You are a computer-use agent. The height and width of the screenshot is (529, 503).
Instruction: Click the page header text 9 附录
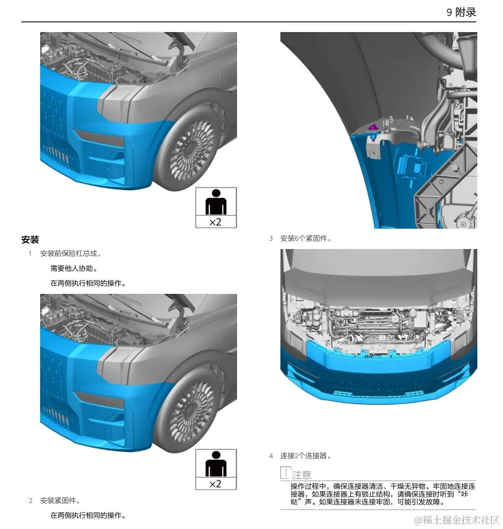pyautogui.click(x=461, y=12)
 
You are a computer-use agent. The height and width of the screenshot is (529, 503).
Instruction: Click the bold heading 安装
pyautogui.click(x=30, y=240)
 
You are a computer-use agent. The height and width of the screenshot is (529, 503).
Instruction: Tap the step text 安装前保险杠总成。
pyautogui.click(x=71, y=253)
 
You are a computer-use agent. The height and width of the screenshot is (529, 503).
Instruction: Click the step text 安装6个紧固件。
pyautogui.click(x=306, y=238)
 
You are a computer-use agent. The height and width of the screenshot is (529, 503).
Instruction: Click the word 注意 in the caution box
pyautogui.click(x=301, y=474)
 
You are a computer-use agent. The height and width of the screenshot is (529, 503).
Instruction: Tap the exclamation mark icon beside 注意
pyautogui.click(x=286, y=473)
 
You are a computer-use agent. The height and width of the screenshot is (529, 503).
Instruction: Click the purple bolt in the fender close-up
pyautogui.click(x=372, y=128)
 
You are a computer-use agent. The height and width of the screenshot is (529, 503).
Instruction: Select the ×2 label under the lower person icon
pyautogui.click(x=216, y=484)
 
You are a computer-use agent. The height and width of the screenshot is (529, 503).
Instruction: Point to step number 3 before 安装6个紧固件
pyautogui.click(x=271, y=238)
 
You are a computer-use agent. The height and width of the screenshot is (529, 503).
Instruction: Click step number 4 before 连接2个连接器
pyautogui.click(x=271, y=456)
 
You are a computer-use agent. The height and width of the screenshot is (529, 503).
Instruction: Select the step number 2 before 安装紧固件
pyautogui.click(x=31, y=501)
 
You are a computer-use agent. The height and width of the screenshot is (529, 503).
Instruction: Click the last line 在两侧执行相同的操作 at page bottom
pyautogui.click(x=88, y=516)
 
